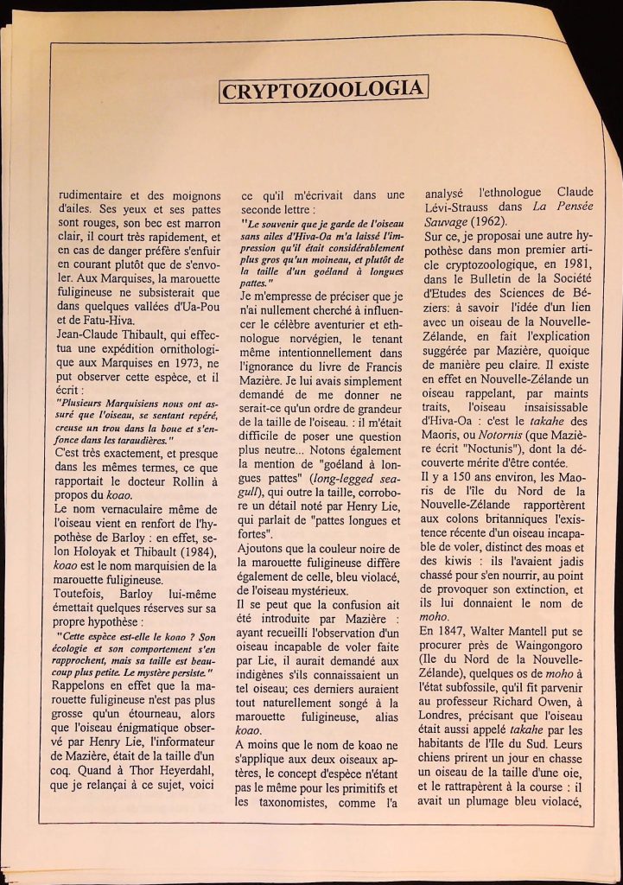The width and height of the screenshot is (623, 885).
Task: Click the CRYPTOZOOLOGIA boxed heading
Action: click(324, 90)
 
